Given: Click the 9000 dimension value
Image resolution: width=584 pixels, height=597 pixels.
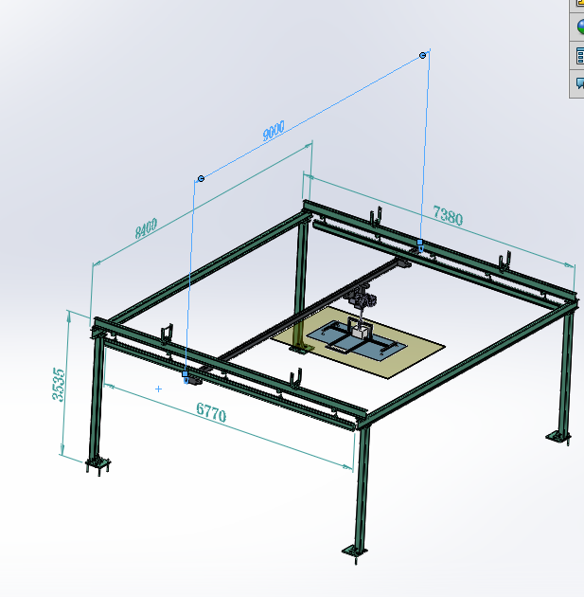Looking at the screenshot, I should click(274, 134).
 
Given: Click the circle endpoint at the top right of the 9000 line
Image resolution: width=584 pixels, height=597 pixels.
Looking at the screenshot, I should click(423, 55).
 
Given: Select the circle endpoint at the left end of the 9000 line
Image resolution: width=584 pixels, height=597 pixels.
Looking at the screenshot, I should click(201, 178).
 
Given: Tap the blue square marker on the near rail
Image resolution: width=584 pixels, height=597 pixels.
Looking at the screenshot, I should click(186, 376).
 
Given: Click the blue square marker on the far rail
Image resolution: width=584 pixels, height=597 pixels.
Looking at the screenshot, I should click(419, 244).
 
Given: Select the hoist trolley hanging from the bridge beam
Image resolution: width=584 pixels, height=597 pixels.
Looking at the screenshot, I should click(362, 303).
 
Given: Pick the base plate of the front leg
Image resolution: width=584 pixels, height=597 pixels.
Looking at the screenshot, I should click(354, 551).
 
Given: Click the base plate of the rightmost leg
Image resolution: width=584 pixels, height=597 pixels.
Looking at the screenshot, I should click(557, 438).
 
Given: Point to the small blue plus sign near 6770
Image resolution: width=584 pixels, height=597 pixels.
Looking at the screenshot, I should click(158, 389).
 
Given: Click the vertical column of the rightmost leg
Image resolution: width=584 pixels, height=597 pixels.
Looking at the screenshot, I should click(565, 370).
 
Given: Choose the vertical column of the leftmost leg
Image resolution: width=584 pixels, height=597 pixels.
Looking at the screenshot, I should click(97, 398).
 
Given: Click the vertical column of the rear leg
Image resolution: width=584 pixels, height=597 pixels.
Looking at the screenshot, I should click(302, 284).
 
